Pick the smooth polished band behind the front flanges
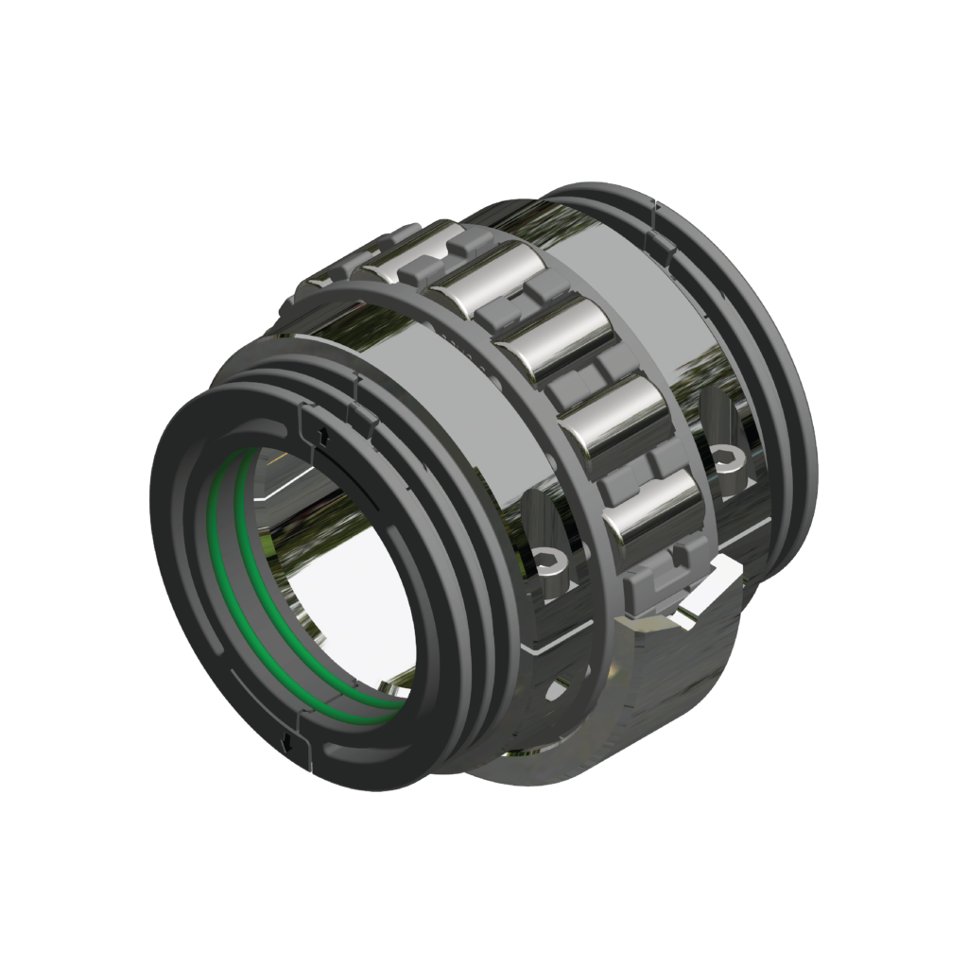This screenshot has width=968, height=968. (x=435, y=397)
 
